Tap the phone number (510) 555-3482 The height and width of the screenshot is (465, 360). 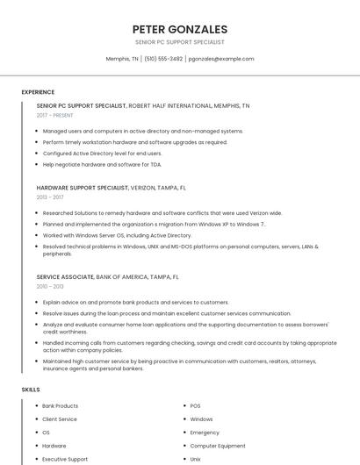163,59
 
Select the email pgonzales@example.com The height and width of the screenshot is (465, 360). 221,59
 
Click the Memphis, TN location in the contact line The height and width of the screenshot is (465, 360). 122,59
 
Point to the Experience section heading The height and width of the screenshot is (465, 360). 38,92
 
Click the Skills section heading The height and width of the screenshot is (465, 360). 31,389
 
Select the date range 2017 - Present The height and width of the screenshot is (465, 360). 55,115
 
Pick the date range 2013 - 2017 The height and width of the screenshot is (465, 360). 50,197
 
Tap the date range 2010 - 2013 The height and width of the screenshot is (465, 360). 50,286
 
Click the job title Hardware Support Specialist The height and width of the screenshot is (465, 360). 83,188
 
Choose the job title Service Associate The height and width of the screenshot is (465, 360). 65,276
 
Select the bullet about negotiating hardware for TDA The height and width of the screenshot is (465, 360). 102,164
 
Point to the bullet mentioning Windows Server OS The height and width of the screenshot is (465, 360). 117,235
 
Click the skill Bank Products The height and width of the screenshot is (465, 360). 61,406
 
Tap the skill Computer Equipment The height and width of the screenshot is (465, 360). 218,446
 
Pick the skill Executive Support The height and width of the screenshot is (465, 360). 65,459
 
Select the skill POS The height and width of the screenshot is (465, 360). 196,406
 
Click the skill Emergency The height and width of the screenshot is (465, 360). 205,433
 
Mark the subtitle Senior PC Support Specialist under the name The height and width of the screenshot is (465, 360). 180,42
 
